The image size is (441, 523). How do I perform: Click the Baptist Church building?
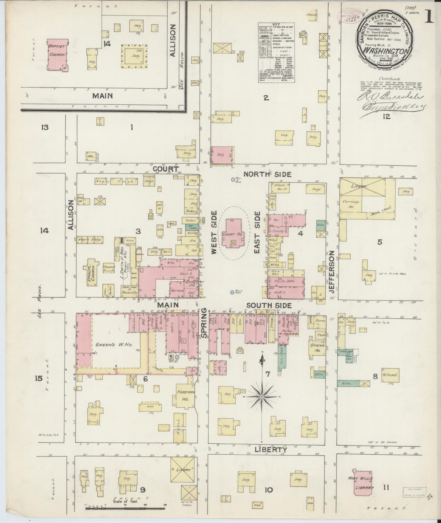57,54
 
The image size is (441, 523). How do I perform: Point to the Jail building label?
90,156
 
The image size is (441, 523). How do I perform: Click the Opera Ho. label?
317,347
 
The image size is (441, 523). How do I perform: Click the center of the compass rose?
262,396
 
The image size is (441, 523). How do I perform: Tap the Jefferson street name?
332,272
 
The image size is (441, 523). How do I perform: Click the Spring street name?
204,326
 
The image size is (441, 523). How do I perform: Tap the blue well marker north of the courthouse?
233,180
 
